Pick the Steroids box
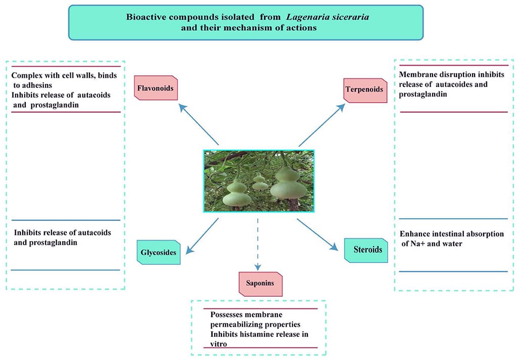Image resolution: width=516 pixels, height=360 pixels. [x=366, y=249]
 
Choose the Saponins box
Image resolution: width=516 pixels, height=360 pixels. [x=260, y=283]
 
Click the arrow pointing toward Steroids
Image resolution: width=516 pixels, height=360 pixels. [x=317, y=234]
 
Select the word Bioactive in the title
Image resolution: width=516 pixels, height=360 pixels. [x=146, y=18]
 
